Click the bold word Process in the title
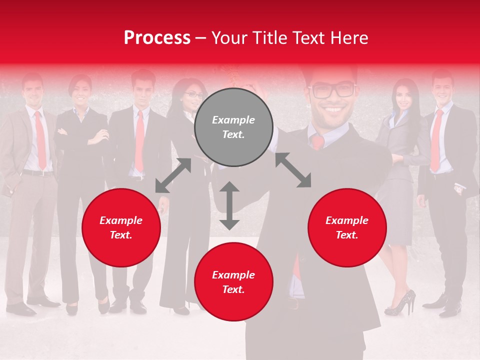(x=157, y=38)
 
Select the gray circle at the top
(x=233, y=127)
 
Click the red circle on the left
(x=121, y=227)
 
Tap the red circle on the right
(x=347, y=227)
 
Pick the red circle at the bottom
(x=233, y=282)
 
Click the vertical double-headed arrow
(x=229, y=205)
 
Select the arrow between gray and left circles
(x=173, y=175)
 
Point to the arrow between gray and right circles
(x=293, y=170)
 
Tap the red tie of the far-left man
(x=40, y=140)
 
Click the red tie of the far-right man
(x=437, y=140)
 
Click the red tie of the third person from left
(x=139, y=140)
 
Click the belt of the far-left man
(x=37, y=173)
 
